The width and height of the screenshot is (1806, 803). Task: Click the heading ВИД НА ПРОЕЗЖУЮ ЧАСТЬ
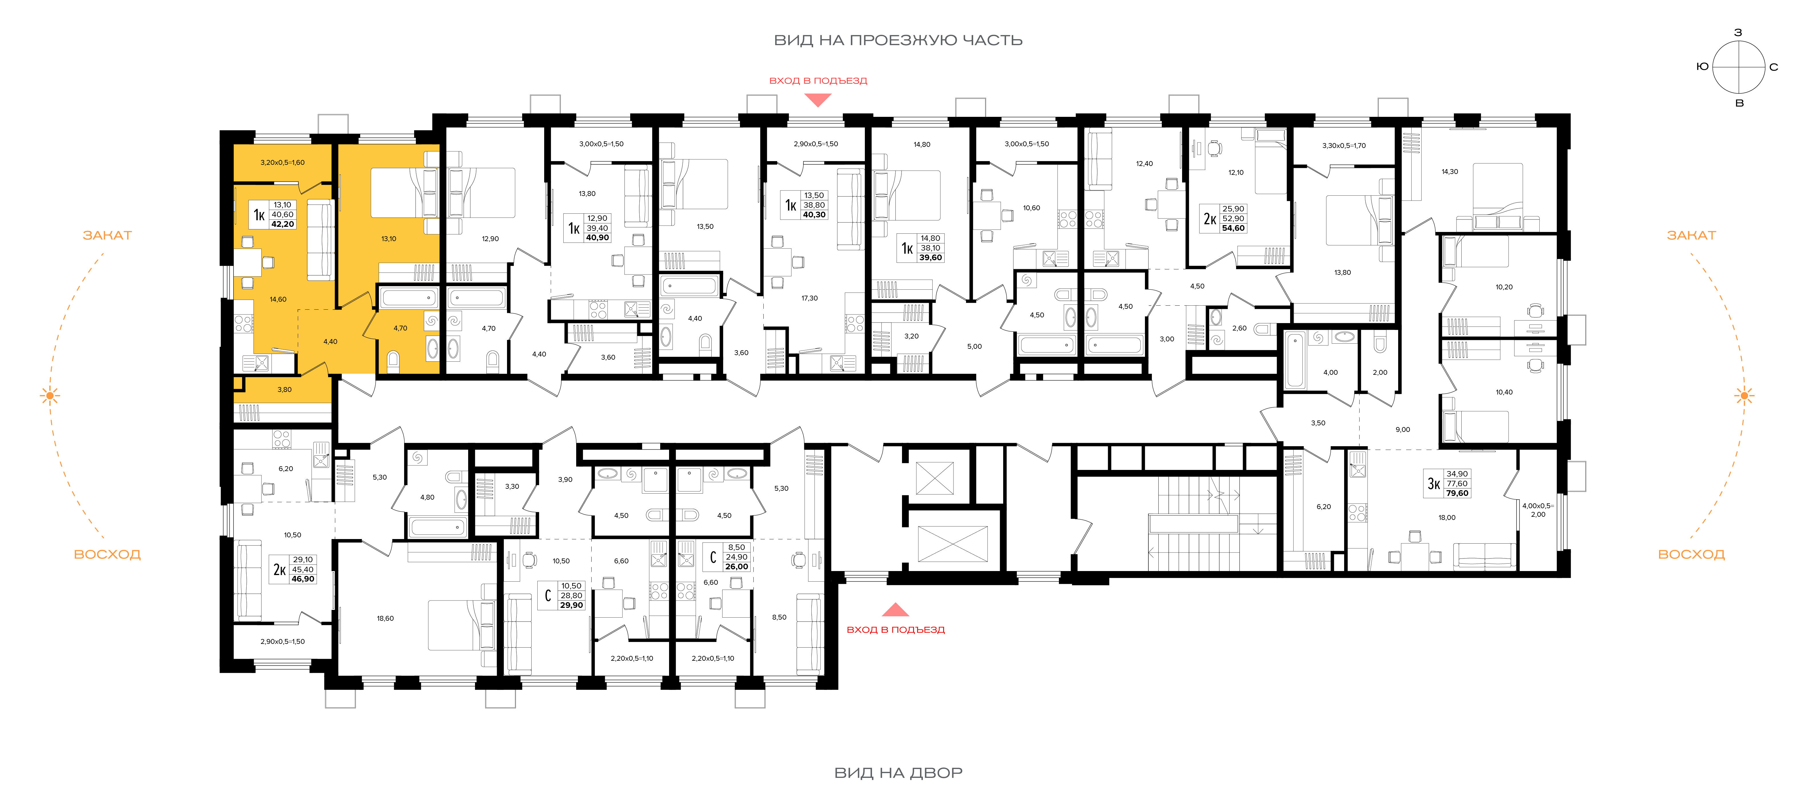coord(898,40)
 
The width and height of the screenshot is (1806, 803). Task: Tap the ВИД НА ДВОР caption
coord(898,773)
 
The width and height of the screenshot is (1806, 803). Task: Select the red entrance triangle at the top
coord(817,100)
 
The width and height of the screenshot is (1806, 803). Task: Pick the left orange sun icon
coord(50,396)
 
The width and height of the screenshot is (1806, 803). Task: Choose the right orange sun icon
coord(1744,396)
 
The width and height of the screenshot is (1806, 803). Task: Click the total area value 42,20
coord(283,224)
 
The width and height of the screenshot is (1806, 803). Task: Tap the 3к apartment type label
coord(1434,483)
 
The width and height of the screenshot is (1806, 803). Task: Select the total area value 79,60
coord(1457,493)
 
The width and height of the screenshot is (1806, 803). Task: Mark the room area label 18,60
coord(385,619)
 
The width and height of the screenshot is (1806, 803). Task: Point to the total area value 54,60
coord(1233,229)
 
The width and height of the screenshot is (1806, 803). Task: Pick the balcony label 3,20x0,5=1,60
coord(283,163)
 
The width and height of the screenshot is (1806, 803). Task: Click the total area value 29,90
coord(571,605)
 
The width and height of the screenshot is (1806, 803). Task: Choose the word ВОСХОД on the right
coord(1691,554)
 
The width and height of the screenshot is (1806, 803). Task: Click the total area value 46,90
coord(303,580)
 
